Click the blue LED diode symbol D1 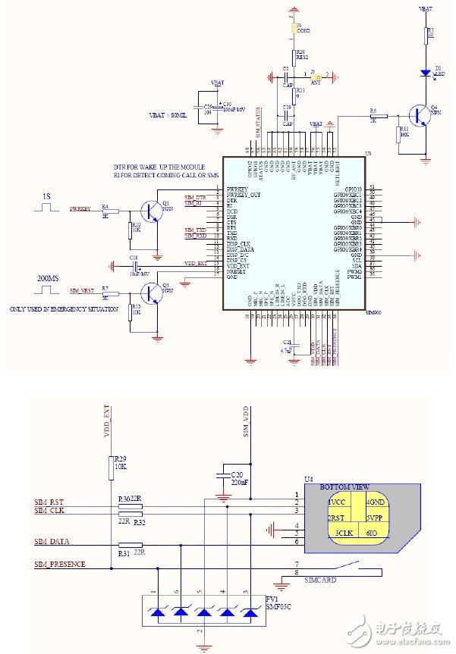(x=426, y=74)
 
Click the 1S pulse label (x=46, y=196)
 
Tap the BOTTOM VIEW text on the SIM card (x=345, y=487)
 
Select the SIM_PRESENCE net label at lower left (x=60, y=564)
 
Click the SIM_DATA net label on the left (x=52, y=541)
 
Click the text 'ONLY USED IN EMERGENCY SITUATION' (x=64, y=309)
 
